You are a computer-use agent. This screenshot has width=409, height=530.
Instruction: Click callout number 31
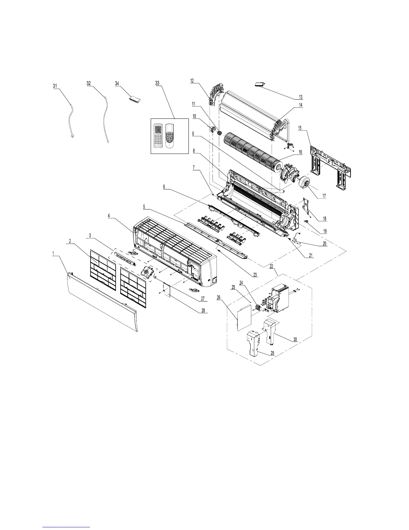(x=55, y=86)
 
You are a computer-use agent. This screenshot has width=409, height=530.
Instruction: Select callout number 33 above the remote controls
(x=158, y=83)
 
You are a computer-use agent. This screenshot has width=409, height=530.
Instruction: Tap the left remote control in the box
(x=158, y=136)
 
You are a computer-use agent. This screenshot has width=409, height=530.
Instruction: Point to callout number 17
(x=324, y=196)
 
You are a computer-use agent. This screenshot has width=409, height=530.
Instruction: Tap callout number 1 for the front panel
(x=53, y=253)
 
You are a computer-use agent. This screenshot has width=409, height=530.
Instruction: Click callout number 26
(x=219, y=297)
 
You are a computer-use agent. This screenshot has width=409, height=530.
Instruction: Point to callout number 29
(x=272, y=353)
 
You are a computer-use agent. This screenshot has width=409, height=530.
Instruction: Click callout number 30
(x=295, y=339)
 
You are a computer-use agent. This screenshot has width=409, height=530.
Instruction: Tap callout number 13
(x=300, y=97)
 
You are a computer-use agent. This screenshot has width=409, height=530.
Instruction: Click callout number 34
(x=117, y=84)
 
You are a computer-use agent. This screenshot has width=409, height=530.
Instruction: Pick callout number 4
(x=109, y=216)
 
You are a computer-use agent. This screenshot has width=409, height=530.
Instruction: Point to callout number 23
(x=255, y=275)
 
